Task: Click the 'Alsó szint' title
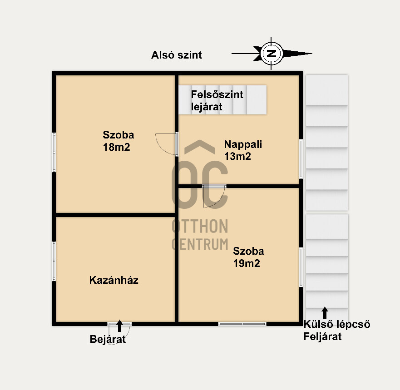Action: (x=177, y=55)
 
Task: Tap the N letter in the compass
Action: (x=271, y=54)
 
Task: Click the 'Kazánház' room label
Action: (x=114, y=280)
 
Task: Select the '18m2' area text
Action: (x=117, y=147)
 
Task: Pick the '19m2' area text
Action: (x=247, y=263)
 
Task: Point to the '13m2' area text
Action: (x=237, y=156)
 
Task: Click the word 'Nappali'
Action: (x=243, y=145)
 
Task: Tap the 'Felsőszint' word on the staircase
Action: (x=217, y=94)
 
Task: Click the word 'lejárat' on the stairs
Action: (x=207, y=107)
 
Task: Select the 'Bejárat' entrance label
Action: (x=108, y=340)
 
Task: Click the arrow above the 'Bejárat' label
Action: (x=120, y=326)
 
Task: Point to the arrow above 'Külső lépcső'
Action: (x=325, y=313)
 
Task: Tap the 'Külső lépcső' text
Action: (x=337, y=325)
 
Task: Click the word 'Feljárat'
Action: (x=322, y=337)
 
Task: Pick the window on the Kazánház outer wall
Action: (x=54, y=261)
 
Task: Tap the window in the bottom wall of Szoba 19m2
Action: (x=242, y=324)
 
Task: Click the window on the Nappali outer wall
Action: (x=301, y=159)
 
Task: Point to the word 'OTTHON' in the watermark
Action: (x=200, y=227)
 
